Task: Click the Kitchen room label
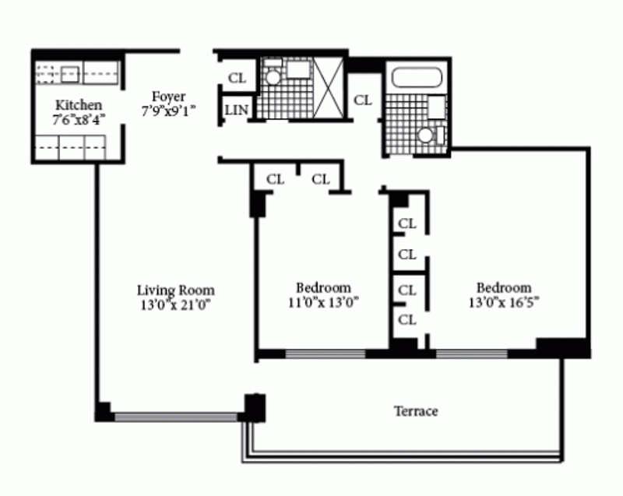[x=79, y=105]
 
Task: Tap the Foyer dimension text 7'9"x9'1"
[x=168, y=111]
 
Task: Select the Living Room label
[x=176, y=290]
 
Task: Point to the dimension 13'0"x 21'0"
[x=175, y=305]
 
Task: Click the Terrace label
[x=416, y=411]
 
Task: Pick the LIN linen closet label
[x=237, y=110]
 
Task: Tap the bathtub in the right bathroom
[x=417, y=77]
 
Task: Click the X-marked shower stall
[x=328, y=87]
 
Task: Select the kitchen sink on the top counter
[x=70, y=74]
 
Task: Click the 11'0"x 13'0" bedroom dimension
[x=323, y=303]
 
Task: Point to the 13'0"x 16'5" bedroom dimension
[x=504, y=303]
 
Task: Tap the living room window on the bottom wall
[x=176, y=417]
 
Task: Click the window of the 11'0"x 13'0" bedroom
[x=325, y=354]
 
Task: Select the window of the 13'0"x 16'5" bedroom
[x=472, y=354]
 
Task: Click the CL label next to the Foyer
[x=237, y=78]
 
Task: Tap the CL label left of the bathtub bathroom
[x=363, y=100]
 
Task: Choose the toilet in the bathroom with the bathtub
[x=425, y=135]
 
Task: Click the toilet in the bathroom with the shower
[x=273, y=77]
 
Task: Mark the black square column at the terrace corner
[x=255, y=408]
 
